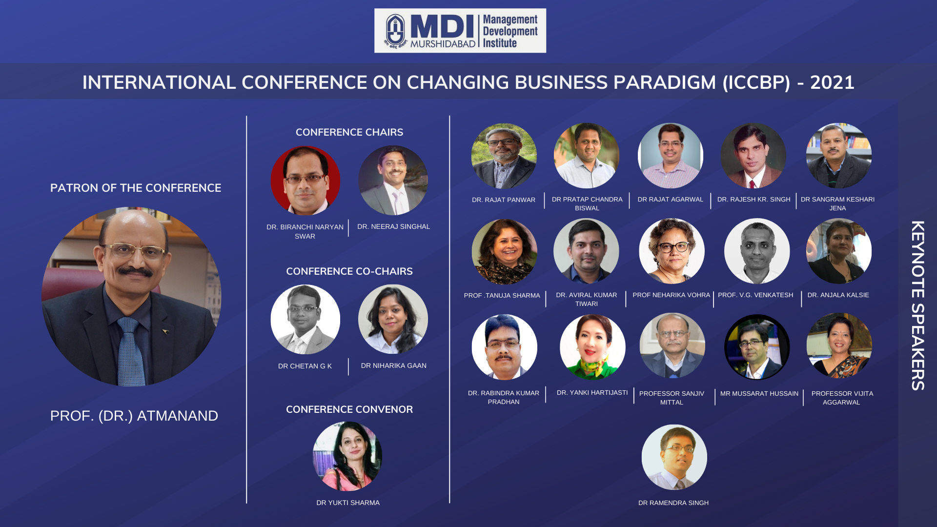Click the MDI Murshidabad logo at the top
[460, 31]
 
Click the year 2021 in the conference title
[832, 82]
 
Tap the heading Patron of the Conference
[136, 188]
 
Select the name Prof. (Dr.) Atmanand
[134, 416]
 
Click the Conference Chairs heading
[349, 132]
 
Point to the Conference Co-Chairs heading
[349, 271]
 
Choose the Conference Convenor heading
[349, 409]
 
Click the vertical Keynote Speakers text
[918, 305]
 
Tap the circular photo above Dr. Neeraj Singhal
[393, 181]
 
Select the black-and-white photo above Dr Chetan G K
[306, 319]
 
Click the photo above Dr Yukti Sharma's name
[347, 456]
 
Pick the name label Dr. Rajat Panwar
[504, 200]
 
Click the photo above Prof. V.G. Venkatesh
[757, 251]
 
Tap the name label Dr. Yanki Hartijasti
[592, 392]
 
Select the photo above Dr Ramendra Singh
[674, 457]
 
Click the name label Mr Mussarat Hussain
[759, 393]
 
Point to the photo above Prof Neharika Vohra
[672, 251]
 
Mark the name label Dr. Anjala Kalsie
[838, 295]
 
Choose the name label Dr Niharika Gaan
[394, 365]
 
